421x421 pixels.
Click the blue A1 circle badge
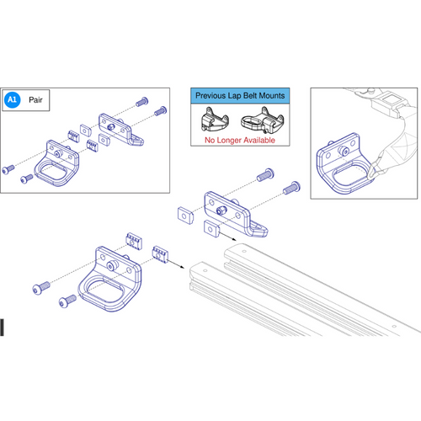click(13, 99)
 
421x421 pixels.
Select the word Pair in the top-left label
click(38, 99)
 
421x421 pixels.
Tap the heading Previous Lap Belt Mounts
click(241, 96)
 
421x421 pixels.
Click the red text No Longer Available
click(241, 140)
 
